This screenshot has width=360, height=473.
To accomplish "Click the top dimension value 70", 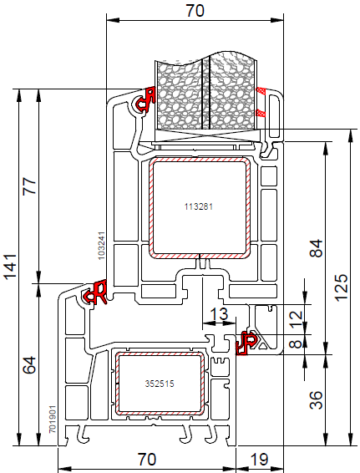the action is point(195,10).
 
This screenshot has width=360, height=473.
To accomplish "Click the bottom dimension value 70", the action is point(147,459).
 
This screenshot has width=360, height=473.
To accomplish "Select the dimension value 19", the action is point(259,459).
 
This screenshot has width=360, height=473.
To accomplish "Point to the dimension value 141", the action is point(10,267).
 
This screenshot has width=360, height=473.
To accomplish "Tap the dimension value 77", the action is point(29,186).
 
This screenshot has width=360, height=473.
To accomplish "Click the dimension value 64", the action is point(29,365).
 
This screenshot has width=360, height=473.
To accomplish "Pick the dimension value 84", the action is point(316,248).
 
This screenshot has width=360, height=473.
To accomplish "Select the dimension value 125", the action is point(342,287).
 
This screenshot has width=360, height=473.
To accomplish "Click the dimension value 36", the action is point(316,400).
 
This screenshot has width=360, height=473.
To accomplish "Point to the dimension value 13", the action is point(219,314).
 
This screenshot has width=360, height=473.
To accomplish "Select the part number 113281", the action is point(199,206).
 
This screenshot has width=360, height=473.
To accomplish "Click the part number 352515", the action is point(160,384).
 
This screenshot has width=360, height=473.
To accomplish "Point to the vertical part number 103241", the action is point(101,246).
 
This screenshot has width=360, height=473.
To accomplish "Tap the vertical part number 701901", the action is point(53,419).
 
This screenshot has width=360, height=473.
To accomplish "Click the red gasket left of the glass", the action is point(145,99).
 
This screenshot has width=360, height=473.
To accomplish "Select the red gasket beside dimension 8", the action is point(246,343).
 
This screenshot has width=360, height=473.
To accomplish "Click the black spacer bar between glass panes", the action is point(205,93).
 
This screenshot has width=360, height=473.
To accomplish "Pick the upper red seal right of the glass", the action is point(261,90).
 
